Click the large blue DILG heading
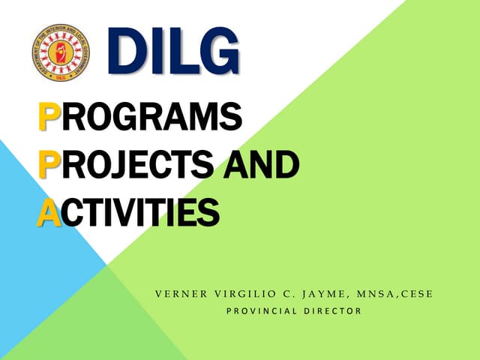(x=174, y=52)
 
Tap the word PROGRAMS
(x=140, y=119)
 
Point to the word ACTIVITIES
(x=128, y=211)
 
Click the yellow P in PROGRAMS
(x=48, y=119)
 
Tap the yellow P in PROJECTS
(x=48, y=165)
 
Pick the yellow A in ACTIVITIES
(x=49, y=211)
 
